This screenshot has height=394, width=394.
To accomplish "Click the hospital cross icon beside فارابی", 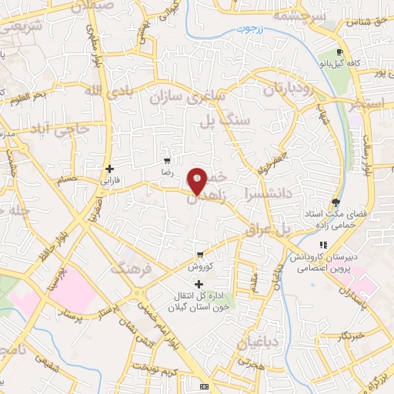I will [x=110, y=169].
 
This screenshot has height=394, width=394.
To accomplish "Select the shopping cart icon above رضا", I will [x=166, y=162].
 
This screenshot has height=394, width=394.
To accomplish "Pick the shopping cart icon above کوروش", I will [x=200, y=254].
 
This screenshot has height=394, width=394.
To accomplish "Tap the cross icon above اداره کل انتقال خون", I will [x=199, y=285].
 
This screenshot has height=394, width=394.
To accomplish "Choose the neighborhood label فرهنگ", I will [x=129, y=269].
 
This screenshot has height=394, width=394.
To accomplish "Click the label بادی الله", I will [x=102, y=94].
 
